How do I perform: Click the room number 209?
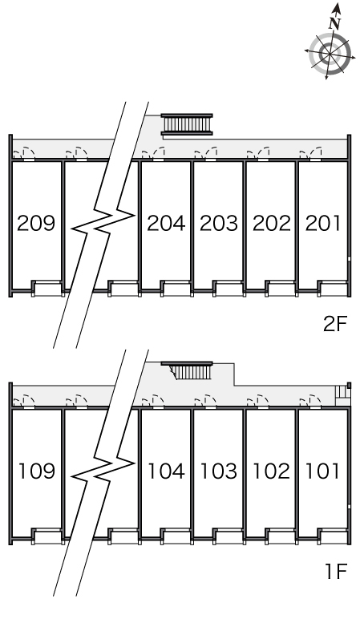pos(36,223)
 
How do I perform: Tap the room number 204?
pos(166,223)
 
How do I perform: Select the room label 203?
pos(219,223)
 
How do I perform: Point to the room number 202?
pos(272,223)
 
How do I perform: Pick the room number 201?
pos(323,223)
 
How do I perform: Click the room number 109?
pos(37,471)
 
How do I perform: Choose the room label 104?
pos(166,471)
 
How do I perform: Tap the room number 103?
pos(219,471)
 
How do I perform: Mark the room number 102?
pos(272,471)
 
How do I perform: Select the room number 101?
pos(323,471)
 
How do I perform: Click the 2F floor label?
pos(334,324)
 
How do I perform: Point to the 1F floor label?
pos(335,571)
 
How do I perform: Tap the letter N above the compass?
pos(334,24)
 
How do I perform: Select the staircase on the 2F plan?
pos(187,124)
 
